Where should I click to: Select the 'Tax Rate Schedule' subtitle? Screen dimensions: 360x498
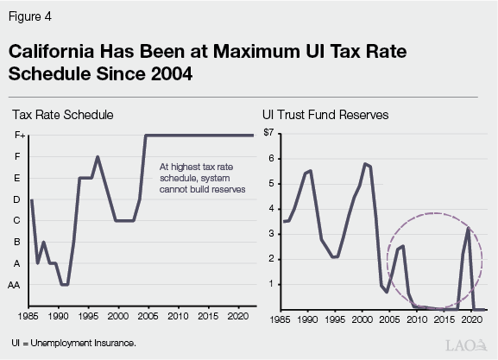tap(62, 115)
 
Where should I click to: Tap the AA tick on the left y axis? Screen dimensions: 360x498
tap(15, 285)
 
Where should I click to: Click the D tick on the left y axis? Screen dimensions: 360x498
tap(16, 199)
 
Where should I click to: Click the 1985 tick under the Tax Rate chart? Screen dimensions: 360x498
tap(31, 319)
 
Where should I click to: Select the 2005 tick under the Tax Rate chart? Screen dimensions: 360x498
tap(148, 319)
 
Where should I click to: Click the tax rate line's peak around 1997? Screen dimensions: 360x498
tap(98, 157)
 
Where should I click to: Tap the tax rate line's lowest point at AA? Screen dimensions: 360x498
tap(65, 284)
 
